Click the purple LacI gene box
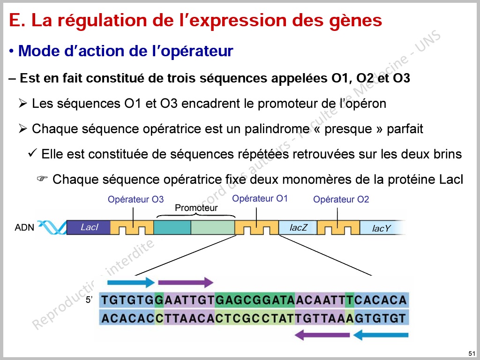pyautogui.click(x=89, y=227)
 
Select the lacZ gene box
pyautogui.click(x=298, y=228)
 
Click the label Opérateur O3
pyautogui.click(x=135, y=199)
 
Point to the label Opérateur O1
pyautogui.click(x=260, y=198)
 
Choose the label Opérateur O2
pyautogui.click(x=341, y=199)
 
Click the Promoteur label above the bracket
pyautogui.click(x=196, y=208)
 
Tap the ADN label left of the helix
pyautogui.click(x=24, y=227)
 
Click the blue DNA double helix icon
pyautogui.click(x=52, y=227)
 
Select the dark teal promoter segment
pyautogui.click(x=172, y=227)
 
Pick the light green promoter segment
pyautogui.click(x=213, y=227)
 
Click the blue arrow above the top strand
pyautogui.click(x=131, y=282)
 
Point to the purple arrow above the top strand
pyautogui.click(x=186, y=282)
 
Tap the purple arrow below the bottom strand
pyautogui.click(x=322, y=335)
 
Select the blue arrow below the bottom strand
pyautogui.click(x=381, y=335)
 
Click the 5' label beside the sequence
pyautogui.click(x=89, y=300)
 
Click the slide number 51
pyautogui.click(x=472, y=353)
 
